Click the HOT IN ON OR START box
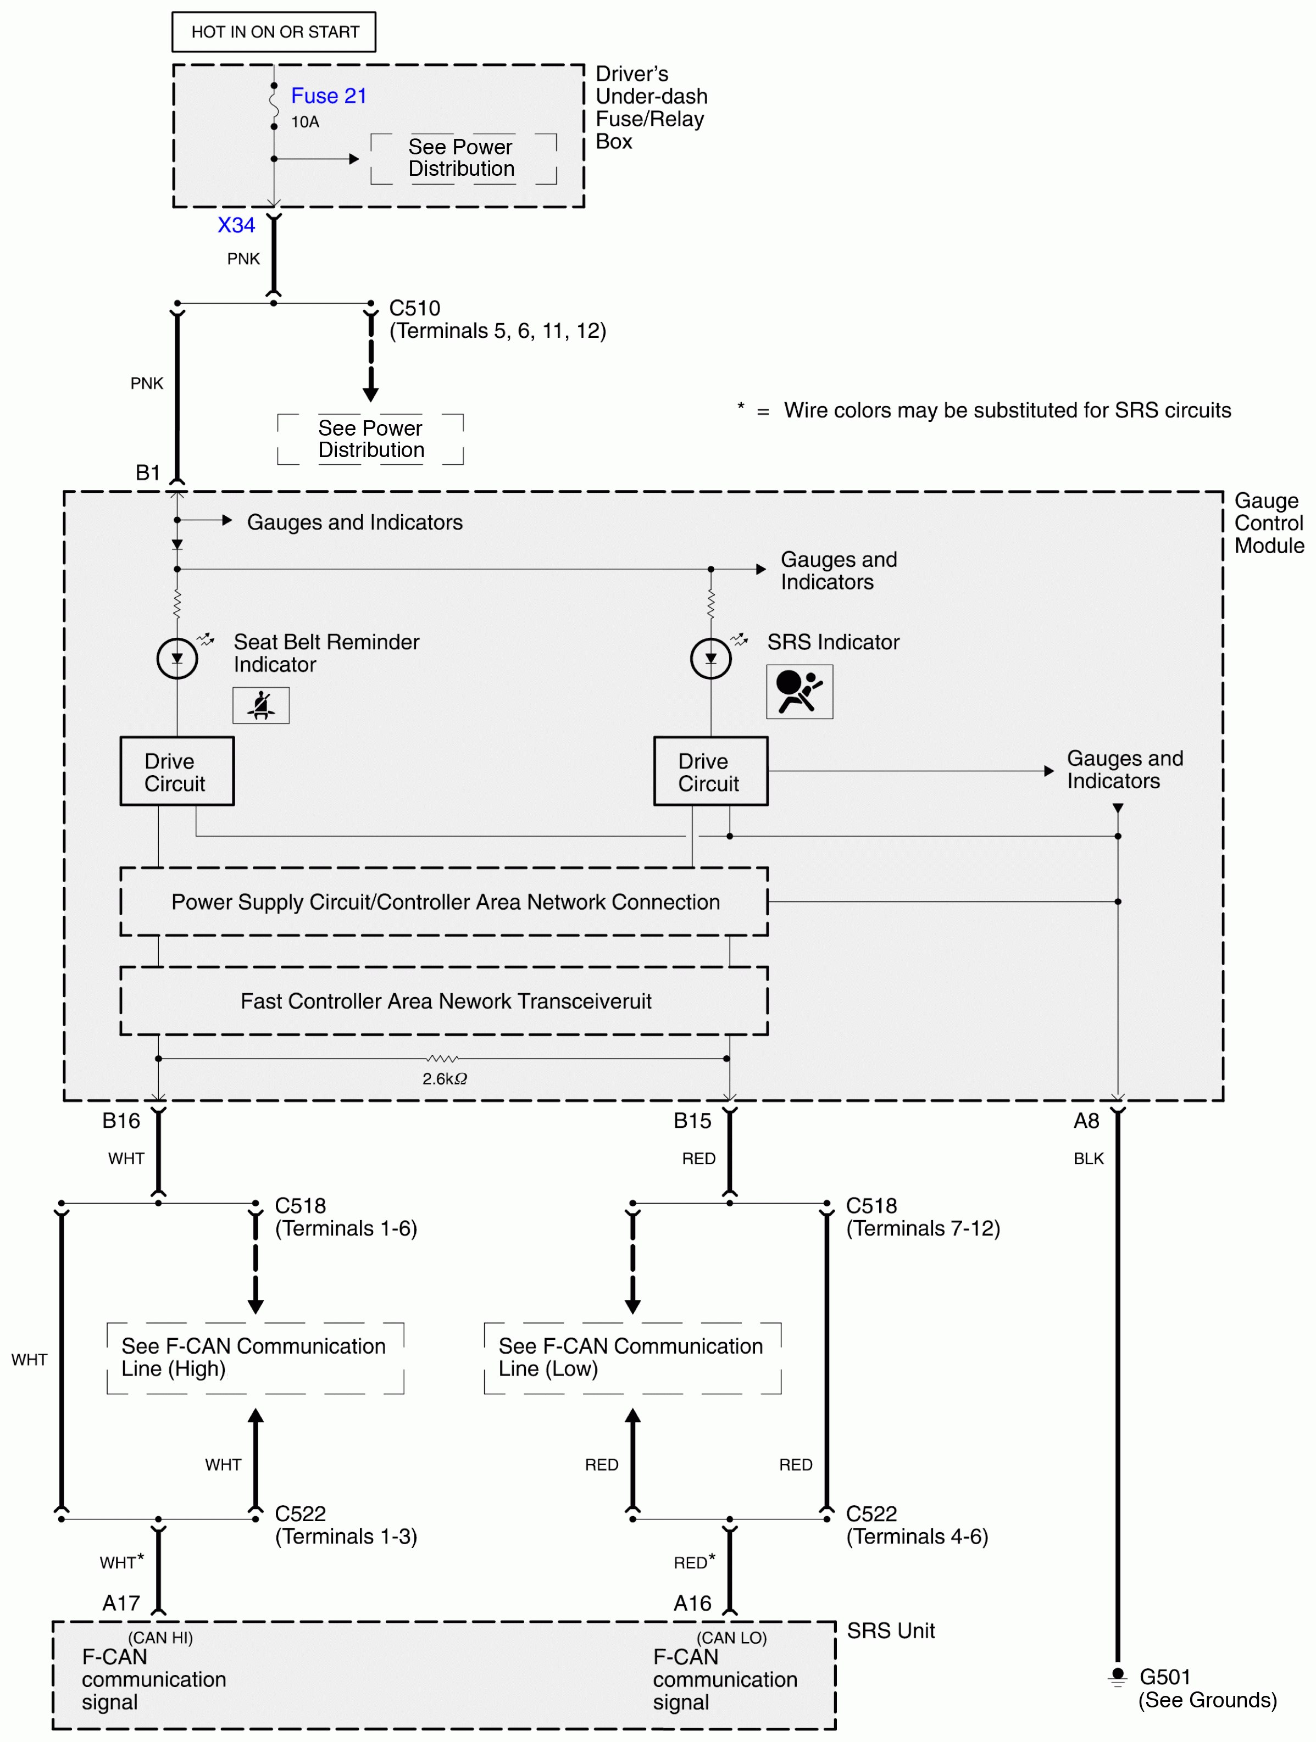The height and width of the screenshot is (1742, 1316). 274,32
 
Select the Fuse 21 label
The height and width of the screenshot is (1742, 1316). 329,96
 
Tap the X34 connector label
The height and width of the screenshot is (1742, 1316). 236,225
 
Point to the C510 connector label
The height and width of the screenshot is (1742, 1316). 414,308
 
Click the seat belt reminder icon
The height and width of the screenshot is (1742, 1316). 260,705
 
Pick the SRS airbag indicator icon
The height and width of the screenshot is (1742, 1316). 799,692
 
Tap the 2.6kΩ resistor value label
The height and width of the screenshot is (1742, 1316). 444,1078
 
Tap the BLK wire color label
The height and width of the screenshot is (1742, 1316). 1089,1159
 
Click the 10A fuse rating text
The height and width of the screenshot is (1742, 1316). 305,122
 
